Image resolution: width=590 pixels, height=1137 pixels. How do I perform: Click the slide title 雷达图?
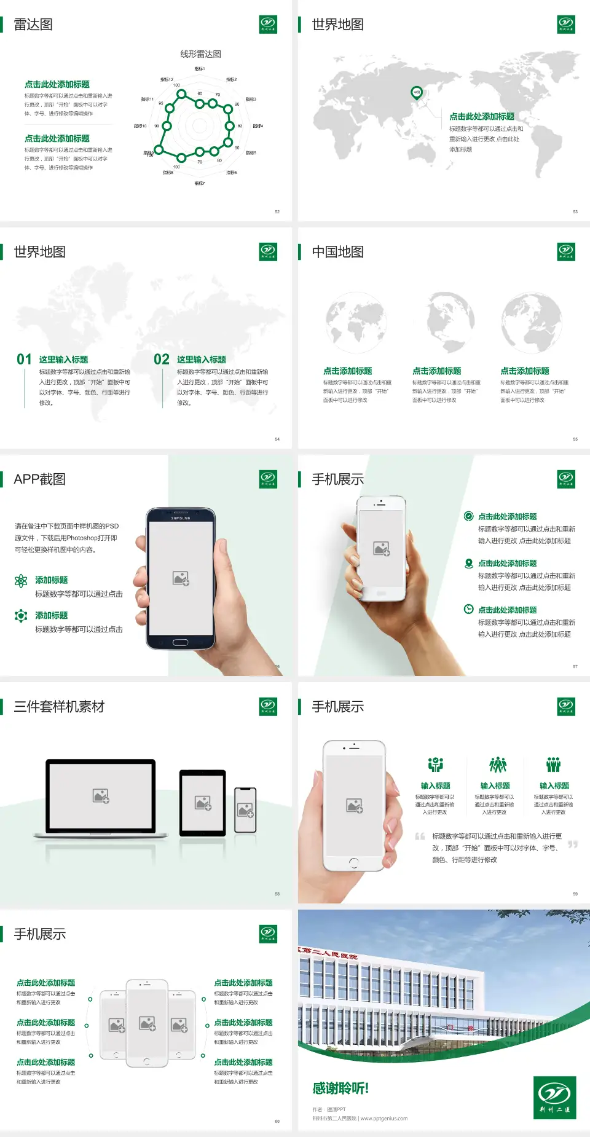[33, 25]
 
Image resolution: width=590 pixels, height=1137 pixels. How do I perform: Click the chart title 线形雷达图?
[200, 54]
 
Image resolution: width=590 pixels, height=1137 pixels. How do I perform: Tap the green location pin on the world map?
[416, 92]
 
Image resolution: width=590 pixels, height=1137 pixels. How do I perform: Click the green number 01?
[24, 359]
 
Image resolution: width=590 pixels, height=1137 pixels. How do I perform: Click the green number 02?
[162, 359]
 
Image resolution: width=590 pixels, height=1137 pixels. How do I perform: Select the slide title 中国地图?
[337, 252]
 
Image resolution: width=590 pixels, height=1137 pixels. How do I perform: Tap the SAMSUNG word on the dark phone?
[181, 518]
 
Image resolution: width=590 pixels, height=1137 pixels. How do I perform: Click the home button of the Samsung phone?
[180, 642]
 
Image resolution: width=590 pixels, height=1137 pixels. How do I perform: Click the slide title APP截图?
[39, 479]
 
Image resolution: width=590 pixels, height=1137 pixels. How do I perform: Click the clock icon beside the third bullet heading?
[468, 609]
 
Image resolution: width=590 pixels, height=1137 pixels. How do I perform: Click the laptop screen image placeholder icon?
[101, 796]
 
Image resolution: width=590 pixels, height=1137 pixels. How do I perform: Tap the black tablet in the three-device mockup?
[202, 802]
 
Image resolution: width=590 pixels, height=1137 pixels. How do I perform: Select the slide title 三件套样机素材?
[59, 707]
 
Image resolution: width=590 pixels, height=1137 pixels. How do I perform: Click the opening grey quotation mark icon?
[420, 836]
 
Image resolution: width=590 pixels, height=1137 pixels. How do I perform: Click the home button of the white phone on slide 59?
[353, 862]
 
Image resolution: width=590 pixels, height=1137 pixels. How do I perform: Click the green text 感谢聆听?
[340, 1088]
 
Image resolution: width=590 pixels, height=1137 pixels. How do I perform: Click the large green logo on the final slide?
[554, 1097]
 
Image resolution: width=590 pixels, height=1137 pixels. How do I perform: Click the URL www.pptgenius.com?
[383, 1119]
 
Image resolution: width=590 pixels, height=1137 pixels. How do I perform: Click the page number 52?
[277, 211]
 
